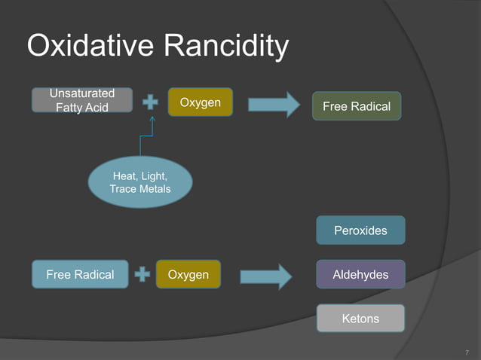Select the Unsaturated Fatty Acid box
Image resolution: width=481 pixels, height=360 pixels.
(x=81, y=100)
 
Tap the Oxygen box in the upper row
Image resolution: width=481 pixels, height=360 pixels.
(x=200, y=102)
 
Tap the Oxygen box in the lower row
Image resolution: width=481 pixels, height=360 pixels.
(x=188, y=274)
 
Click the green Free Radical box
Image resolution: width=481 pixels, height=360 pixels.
(x=357, y=106)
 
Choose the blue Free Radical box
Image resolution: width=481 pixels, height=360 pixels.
(x=80, y=274)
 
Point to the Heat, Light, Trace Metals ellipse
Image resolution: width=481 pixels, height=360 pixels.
(x=140, y=182)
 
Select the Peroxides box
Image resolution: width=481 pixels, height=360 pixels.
(x=360, y=230)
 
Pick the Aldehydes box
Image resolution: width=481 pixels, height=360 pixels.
(x=360, y=274)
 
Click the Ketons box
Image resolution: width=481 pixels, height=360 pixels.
(x=360, y=319)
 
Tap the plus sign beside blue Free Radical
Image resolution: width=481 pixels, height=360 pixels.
(x=142, y=274)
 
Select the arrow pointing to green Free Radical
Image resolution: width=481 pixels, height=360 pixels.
(x=274, y=104)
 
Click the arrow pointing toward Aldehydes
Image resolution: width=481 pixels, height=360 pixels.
(x=266, y=276)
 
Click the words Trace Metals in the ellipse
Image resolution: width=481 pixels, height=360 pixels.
(x=140, y=188)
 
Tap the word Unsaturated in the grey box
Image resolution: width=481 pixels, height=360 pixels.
(x=81, y=93)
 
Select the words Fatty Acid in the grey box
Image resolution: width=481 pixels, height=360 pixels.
(x=81, y=107)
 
